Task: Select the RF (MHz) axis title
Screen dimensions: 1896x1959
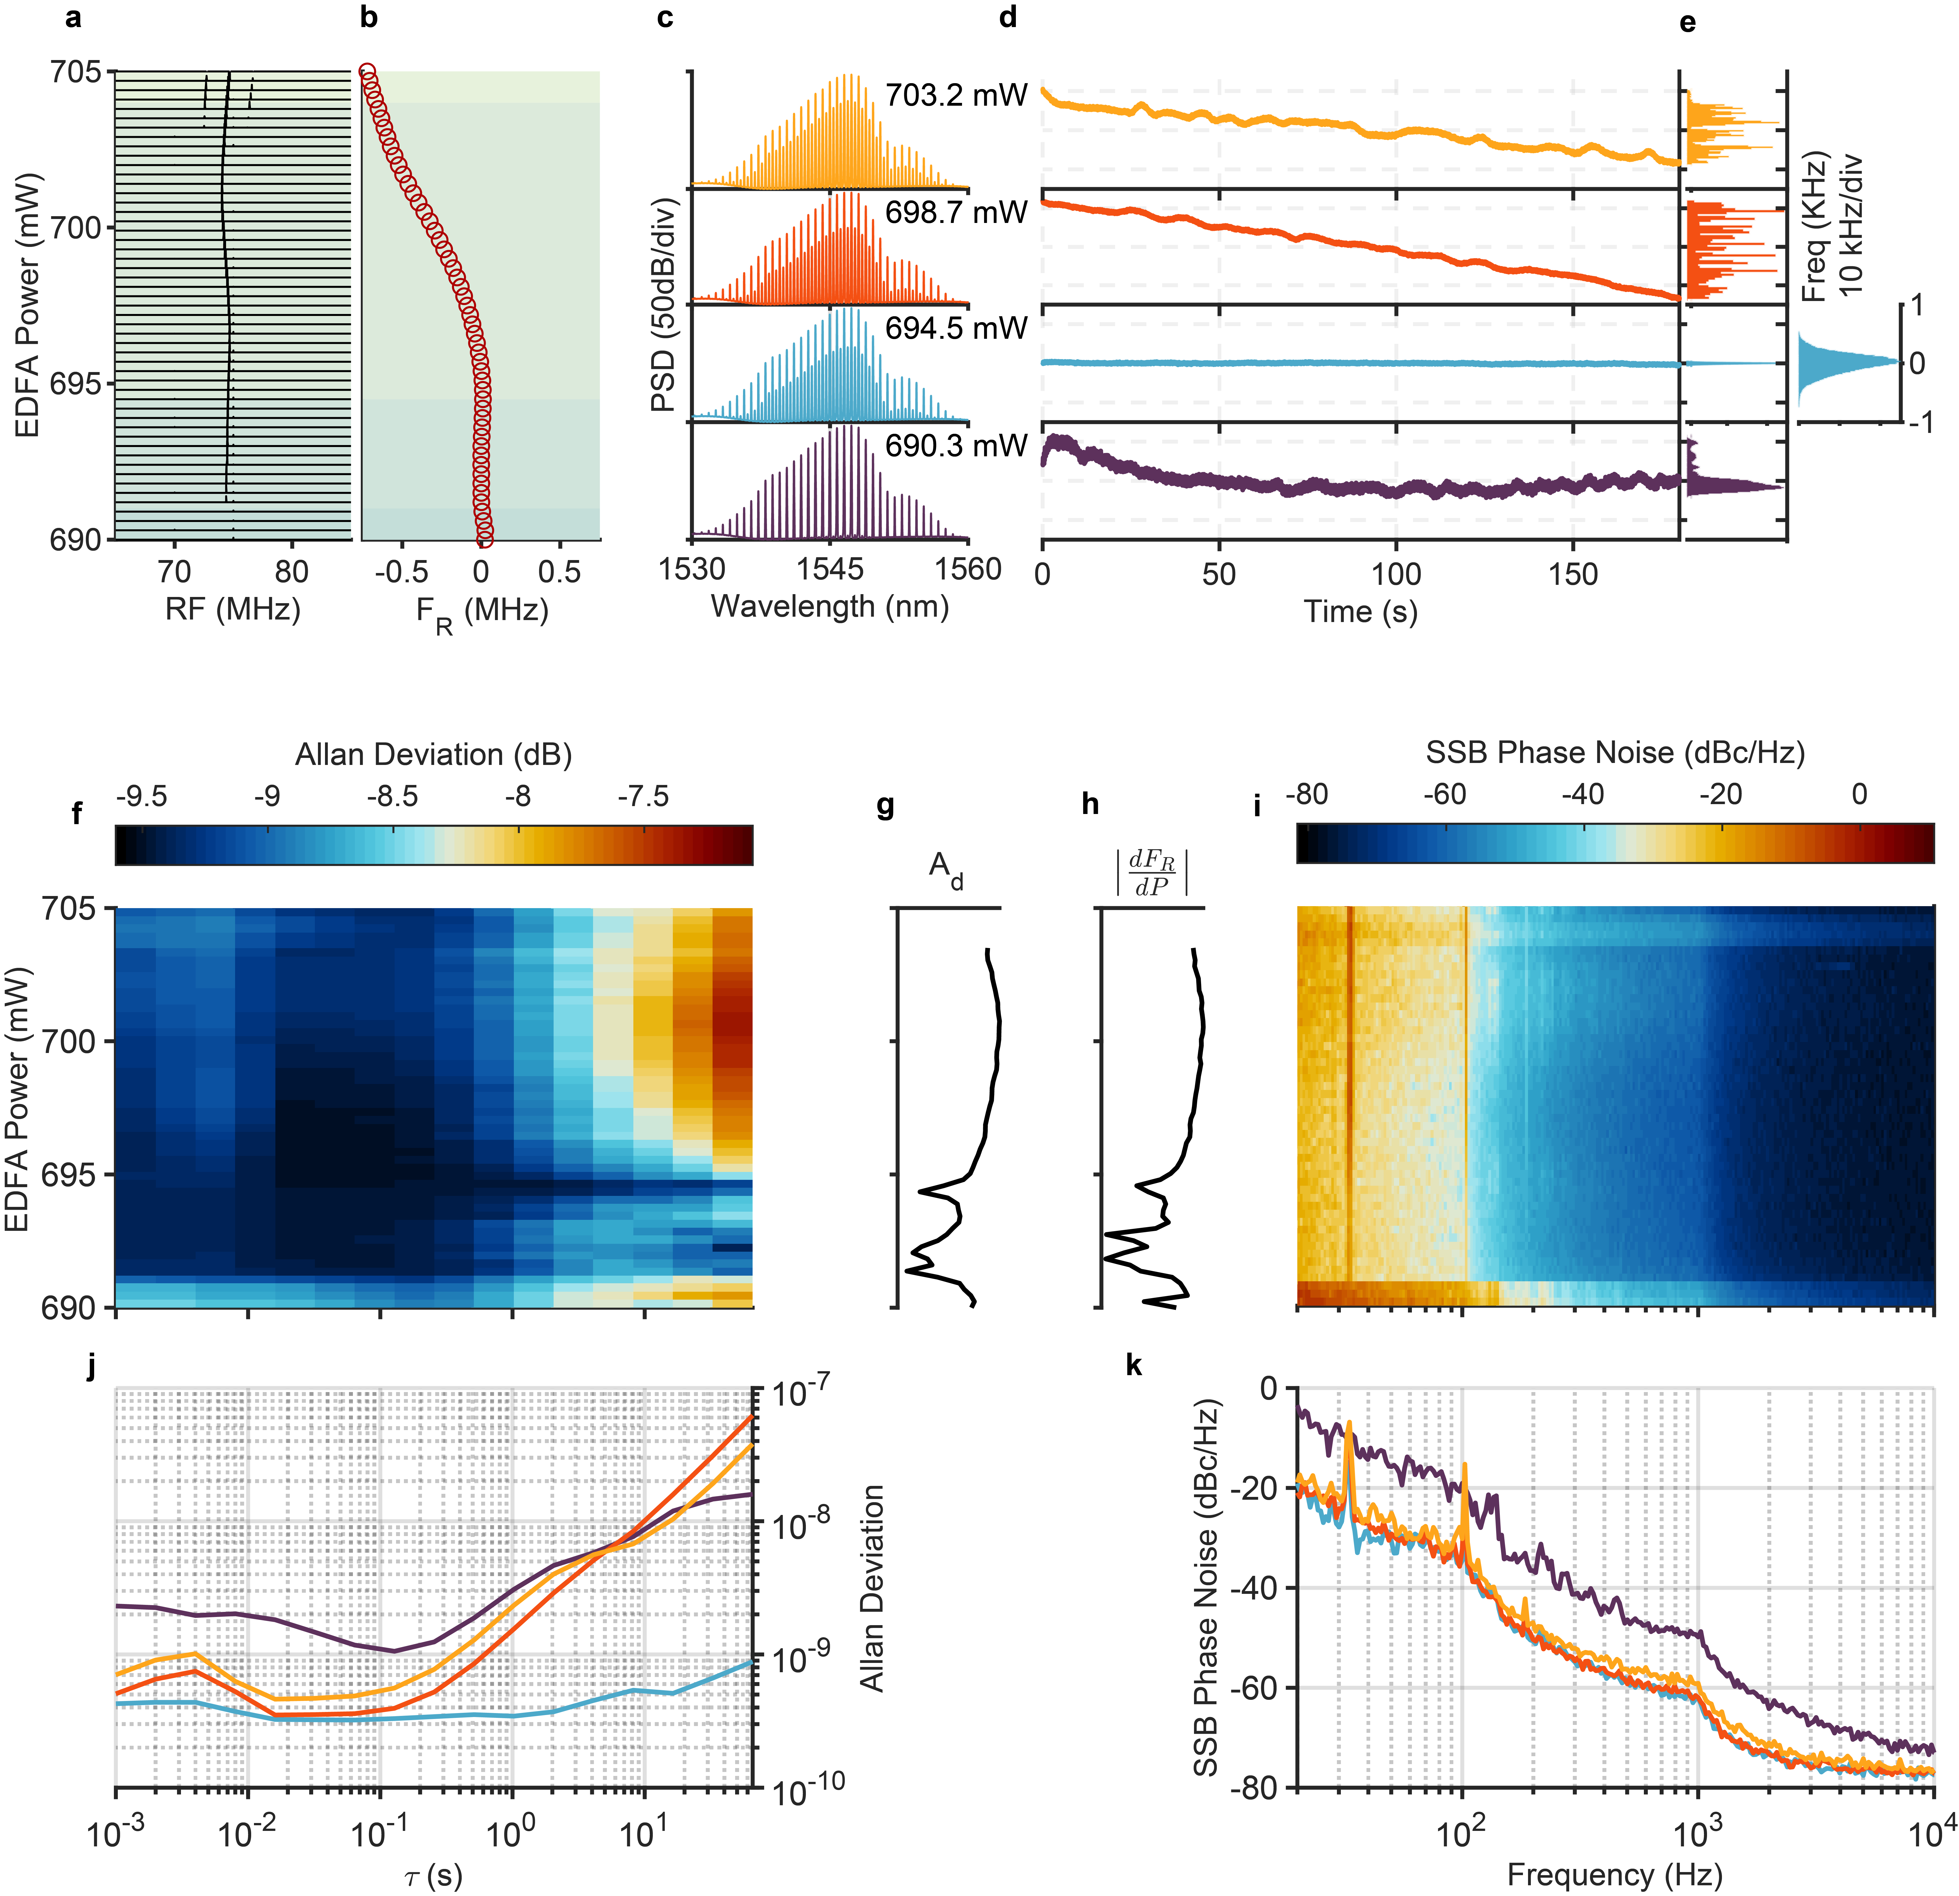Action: (233, 609)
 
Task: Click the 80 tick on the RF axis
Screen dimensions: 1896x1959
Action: (292, 572)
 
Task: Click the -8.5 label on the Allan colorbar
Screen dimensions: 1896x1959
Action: (392, 797)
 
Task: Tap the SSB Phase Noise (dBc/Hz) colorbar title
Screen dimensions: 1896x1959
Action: (1615, 753)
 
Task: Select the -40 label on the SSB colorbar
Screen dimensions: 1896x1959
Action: (1582, 795)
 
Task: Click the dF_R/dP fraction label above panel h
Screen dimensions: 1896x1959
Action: (1151, 873)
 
